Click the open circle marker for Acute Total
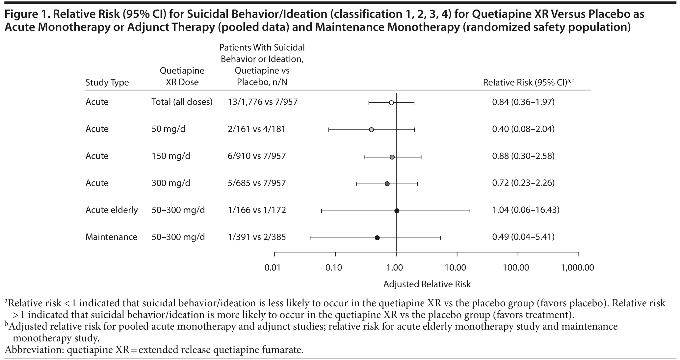391,103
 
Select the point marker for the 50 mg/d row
371,130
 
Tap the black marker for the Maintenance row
377,238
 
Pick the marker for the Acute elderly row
397,211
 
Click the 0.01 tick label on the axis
273,268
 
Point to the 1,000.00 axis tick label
578,268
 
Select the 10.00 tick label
455,268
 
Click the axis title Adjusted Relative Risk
427,284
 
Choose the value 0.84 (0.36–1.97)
523,102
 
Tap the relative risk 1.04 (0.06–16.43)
526,210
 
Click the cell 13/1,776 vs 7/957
262,102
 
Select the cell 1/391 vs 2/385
256,237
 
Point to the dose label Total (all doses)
182,102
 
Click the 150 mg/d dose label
170,156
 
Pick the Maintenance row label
111,237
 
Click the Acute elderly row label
112,210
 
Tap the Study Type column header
107,82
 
